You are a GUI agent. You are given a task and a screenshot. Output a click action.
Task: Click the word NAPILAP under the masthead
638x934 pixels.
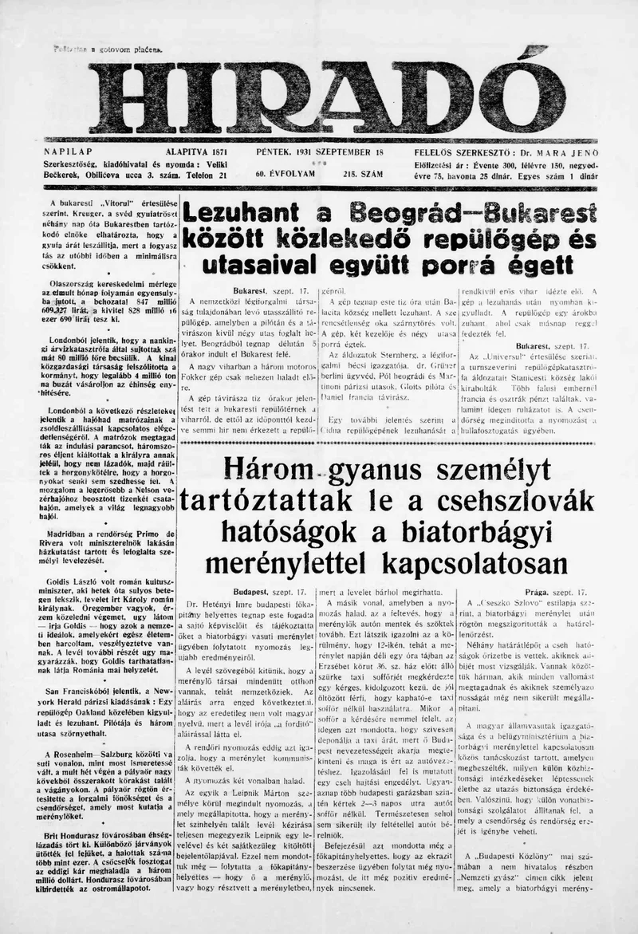(x=69, y=152)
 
